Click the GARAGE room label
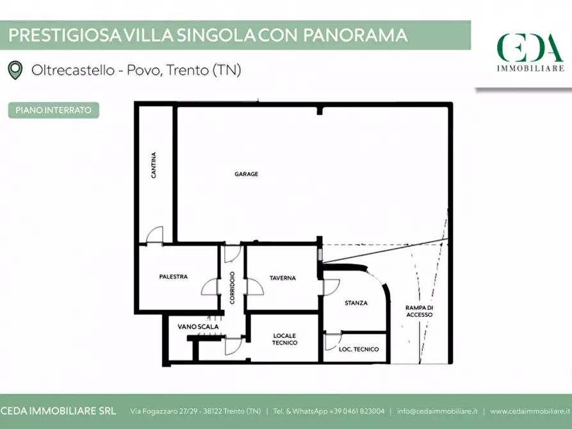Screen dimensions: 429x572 pos(246,174)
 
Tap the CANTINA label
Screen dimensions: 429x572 pos(154,165)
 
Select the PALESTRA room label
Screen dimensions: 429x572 pos(173,277)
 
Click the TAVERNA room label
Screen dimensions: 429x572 pos(282,278)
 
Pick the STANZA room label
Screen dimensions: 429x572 pos(355,304)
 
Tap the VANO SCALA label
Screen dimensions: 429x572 pos(198,327)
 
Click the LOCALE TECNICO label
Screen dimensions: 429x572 pos(284,339)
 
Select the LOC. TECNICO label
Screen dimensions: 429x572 pos(359,350)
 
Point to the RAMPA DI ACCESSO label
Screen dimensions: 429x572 pos(420,311)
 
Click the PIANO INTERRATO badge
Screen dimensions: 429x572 pos(54,110)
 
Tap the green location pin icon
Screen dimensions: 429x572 pos(15,70)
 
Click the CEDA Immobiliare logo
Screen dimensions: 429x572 pos(530,51)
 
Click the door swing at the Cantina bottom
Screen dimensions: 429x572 pos(154,236)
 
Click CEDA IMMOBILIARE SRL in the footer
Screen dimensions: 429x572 pos(58,411)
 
